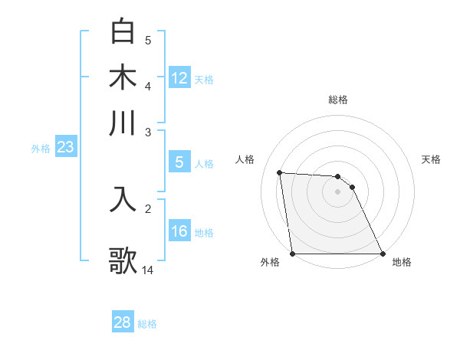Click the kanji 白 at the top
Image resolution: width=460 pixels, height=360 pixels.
pyautogui.click(x=123, y=32)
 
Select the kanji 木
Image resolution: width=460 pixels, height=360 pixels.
pyautogui.click(x=123, y=77)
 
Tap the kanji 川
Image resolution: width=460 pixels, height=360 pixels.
pyautogui.click(x=123, y=123)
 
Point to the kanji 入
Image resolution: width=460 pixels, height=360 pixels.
pyautogui.click(x=123, y=198)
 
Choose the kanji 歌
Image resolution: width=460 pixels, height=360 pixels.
pyautogui.click(x=123, y=260)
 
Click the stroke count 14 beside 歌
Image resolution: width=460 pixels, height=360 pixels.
pyautogui.click(x=148, y=270)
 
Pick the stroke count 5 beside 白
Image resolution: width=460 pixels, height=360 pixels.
pyautogui.click(x=148, y=41)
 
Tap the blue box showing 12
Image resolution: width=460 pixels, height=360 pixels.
pyautogui.click(x=179, y=78)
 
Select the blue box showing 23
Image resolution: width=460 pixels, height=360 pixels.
pyautogui.click(x=65, y=148)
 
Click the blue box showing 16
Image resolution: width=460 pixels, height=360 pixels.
pyautogui.click(x=179, y=232)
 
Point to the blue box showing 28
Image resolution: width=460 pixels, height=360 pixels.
pyautogui.click(x=123, y=322)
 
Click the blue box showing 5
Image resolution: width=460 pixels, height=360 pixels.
pyautogui.click(x=179, y=162)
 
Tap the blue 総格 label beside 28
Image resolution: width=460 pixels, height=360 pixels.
pyautogui.click(x=147, y=324)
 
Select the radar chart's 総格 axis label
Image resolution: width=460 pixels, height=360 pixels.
pyautogui.click(x=338, y=100)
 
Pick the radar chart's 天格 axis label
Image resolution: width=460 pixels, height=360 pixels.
pyautogui.click(x=431, y=159)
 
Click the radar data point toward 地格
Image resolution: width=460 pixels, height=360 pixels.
pyautogui.click(x=383, y=254)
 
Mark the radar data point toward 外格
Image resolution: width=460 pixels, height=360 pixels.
pyautogui.click(x=293, y=254)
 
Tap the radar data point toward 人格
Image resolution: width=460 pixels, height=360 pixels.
pyautogui.click(x=280, y=172)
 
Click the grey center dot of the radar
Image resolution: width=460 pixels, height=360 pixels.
pyautogui.click(x=338, y=191)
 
